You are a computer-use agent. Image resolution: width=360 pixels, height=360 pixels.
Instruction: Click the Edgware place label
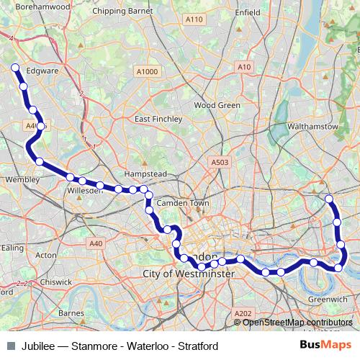tap(41, 71)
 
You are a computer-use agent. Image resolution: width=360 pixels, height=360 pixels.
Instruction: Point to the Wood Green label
tap(217, 105)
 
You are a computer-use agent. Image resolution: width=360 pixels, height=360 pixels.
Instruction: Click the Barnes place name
tap(71, 313)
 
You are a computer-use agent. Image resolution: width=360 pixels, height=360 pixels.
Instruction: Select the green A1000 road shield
tap(146, 71)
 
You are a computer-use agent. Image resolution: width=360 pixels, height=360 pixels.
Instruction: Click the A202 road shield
tap(243, 313)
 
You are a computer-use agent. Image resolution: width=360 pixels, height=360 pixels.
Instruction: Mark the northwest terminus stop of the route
tap(14, 68)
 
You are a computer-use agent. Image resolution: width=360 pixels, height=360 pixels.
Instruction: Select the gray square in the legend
tap(10, 345)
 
